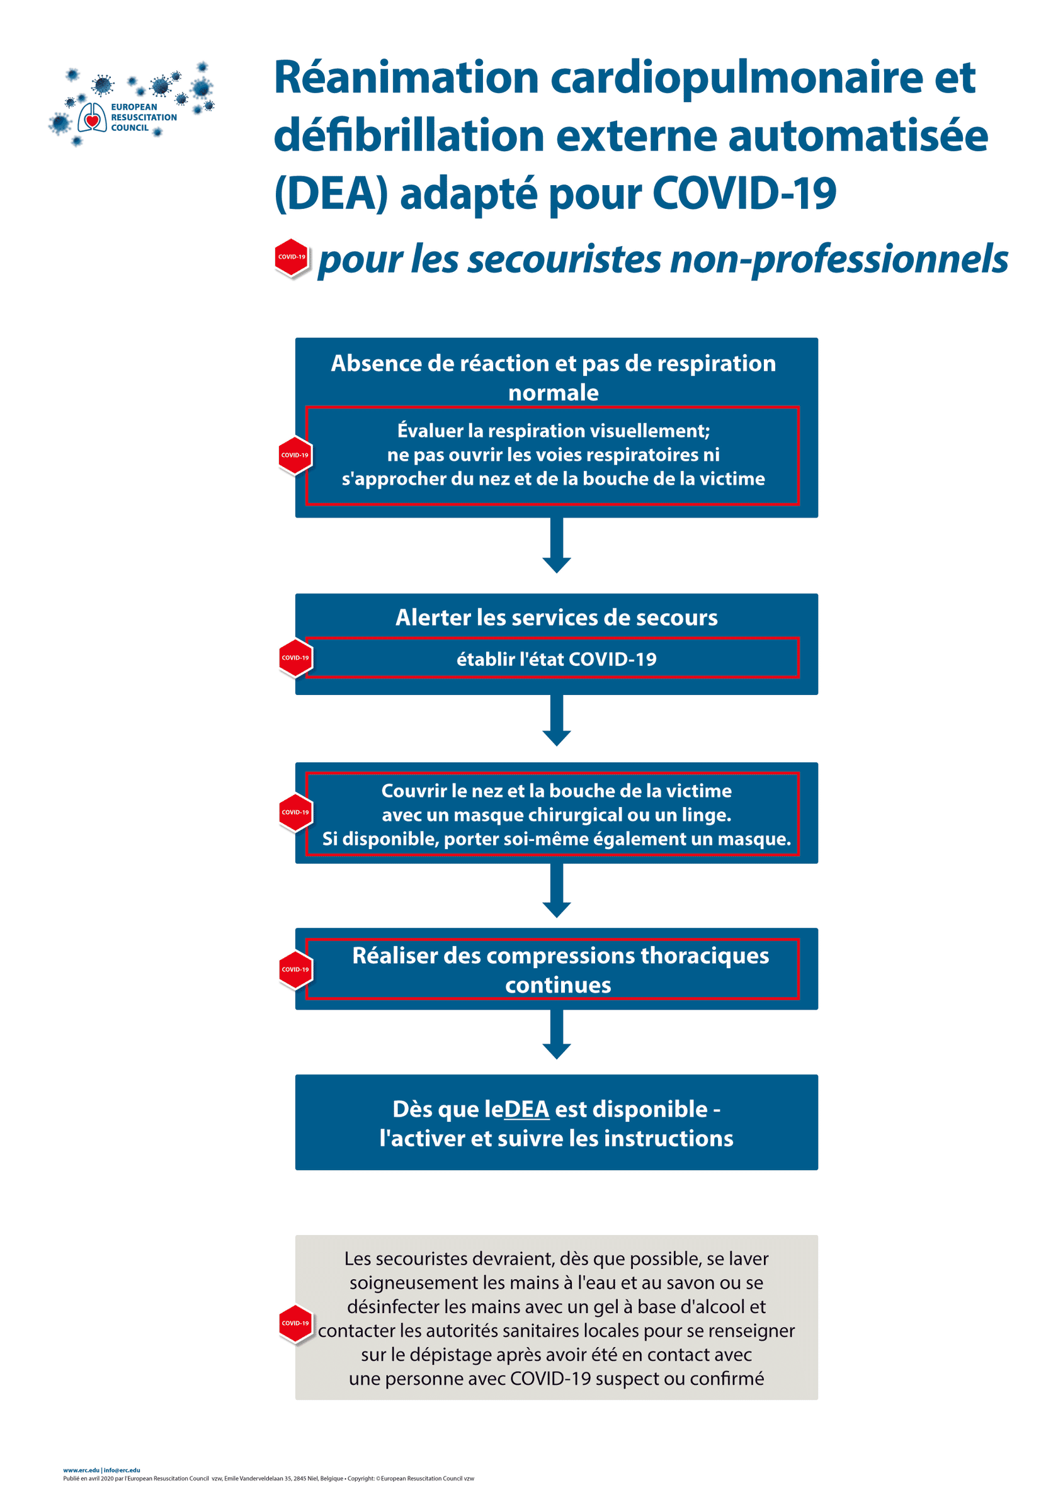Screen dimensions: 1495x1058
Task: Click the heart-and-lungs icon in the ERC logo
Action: (92, 118)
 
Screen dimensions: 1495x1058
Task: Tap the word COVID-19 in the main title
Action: (744, 193)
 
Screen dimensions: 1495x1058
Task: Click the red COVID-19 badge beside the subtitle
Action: (291, 257)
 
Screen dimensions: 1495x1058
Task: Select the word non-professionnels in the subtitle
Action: (838, 259)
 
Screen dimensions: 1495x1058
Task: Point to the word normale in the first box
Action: (553, 393)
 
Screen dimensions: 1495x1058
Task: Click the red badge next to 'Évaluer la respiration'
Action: (295, 455)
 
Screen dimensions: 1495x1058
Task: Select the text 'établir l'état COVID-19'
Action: (556, 659)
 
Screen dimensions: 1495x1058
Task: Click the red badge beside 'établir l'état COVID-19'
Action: (295, 658)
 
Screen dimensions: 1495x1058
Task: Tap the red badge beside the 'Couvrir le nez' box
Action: (295, 812)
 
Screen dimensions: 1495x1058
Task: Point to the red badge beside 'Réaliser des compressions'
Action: (295, 969)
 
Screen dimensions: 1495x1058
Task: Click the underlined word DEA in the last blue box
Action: (526, 1109)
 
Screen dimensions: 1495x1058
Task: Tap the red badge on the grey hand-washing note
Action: (295, 1323)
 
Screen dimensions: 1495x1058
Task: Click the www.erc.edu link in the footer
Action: (81, 1470)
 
